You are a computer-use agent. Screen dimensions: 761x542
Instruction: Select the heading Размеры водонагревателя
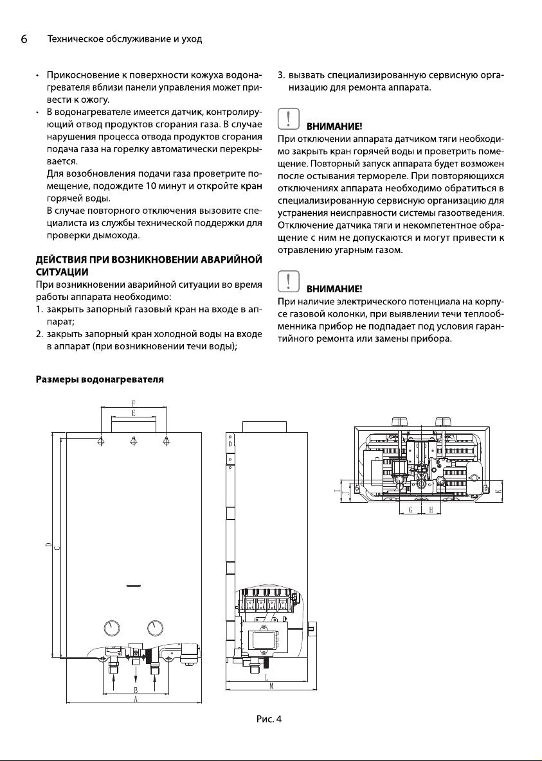(98, 380)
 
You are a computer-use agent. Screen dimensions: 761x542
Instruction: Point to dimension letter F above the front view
(133, 403)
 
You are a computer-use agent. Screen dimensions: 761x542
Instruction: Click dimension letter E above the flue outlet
(133, 413)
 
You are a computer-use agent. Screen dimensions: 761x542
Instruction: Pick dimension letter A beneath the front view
(135, 700)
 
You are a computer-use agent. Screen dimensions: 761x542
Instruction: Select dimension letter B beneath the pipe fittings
(135, 690)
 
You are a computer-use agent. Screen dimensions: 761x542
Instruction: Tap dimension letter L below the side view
(266, 677)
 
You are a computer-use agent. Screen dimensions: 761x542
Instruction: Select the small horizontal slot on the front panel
(134, 586)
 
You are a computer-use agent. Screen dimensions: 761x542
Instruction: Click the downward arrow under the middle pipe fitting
(136, 679)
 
